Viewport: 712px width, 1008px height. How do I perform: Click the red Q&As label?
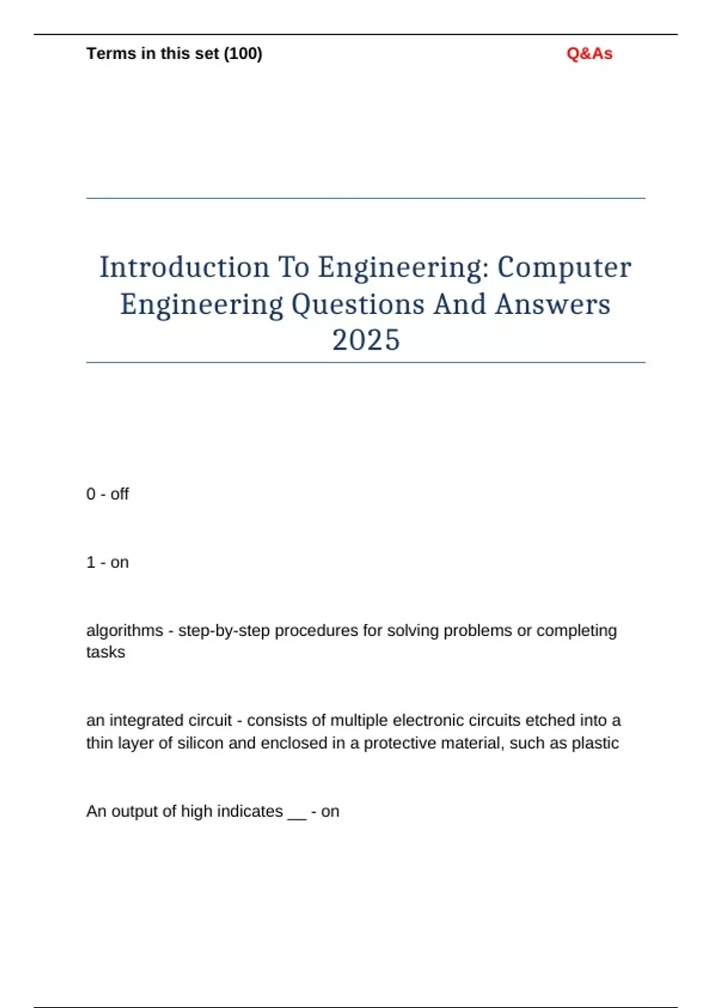coord(589,54)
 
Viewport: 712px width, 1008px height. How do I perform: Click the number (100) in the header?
coord(243,54)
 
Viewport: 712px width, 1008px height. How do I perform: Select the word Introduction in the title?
coord(184,267)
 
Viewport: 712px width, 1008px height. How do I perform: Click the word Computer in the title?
coord(564,267)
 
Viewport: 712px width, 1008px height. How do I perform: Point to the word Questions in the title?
coord(358,305)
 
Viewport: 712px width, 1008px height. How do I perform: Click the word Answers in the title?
coord(552,305)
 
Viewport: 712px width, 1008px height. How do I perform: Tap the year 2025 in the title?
coord(366,340)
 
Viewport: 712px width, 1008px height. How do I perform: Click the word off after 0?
coord(119,494)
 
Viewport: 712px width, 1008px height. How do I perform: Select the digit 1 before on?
coord(91,562)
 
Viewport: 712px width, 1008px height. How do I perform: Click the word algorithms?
coord(125,630)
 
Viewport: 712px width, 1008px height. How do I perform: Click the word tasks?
coord(106,652)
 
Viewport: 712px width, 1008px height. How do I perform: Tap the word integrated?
coord(147,720)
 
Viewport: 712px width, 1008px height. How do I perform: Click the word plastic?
coord(595,743)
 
